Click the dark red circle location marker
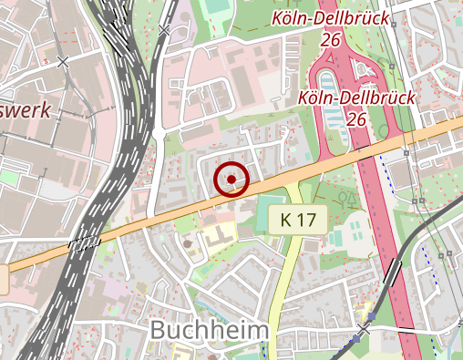[232, 179]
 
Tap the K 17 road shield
[298, 220]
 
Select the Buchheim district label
[209, 329]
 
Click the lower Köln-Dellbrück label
[356, 98]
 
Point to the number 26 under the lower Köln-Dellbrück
[356, 119]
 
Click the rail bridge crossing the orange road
[85, 242]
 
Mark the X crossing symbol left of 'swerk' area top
[63, 62]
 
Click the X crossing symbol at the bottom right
[365, 327]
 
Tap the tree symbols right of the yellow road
[345, 195]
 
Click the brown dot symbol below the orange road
[188, 243]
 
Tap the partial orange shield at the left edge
[4, 278]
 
